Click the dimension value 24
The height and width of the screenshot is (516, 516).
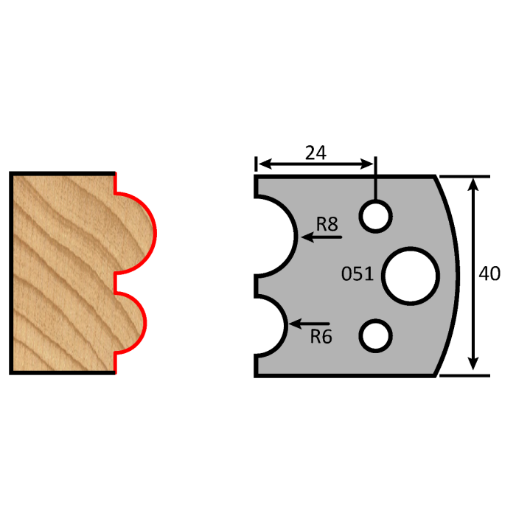coord(315,153)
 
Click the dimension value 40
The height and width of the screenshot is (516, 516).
coord(489,274)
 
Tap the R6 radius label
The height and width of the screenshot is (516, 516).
coord(321,338)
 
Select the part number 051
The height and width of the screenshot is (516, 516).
coord(357,275)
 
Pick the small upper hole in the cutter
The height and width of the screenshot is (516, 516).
coord(376,216)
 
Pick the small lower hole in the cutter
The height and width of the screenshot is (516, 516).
coord(376,335)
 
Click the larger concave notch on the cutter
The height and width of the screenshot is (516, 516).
coord(276,236)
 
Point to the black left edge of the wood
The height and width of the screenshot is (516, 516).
coord(11,273)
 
